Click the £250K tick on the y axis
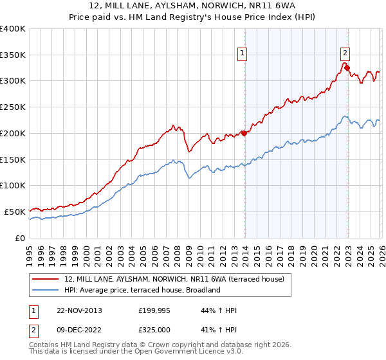pos(13,107)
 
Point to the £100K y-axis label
pos(13,186)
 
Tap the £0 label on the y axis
pos(19,238)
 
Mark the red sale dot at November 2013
pos(244,133)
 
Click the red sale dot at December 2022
pos(347,67)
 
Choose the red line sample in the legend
pos(46,279)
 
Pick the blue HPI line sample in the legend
pos(46,290)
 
